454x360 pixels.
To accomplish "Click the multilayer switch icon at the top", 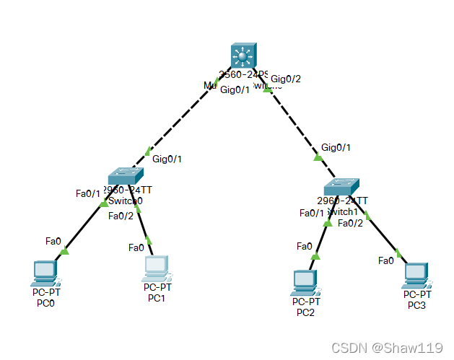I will click(243, 57).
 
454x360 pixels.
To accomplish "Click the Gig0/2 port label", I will click(285, 79).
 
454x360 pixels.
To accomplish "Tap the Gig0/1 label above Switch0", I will click(167, 159).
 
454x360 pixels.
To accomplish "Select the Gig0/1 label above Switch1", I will click(336, 147).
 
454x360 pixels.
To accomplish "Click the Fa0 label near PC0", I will click(53, 240).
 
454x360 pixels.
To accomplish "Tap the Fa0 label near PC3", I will click(386, 260).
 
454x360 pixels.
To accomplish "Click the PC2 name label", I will click(305, 312).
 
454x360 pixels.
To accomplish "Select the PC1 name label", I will click(157, 297).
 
